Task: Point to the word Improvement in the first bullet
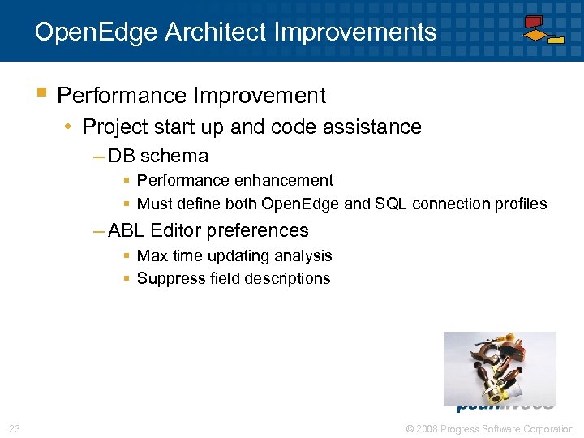(260, 96)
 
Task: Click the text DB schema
(158, 156)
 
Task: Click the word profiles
(519, 204)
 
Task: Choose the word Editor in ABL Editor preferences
(174, 231)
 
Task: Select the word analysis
(303, 256)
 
